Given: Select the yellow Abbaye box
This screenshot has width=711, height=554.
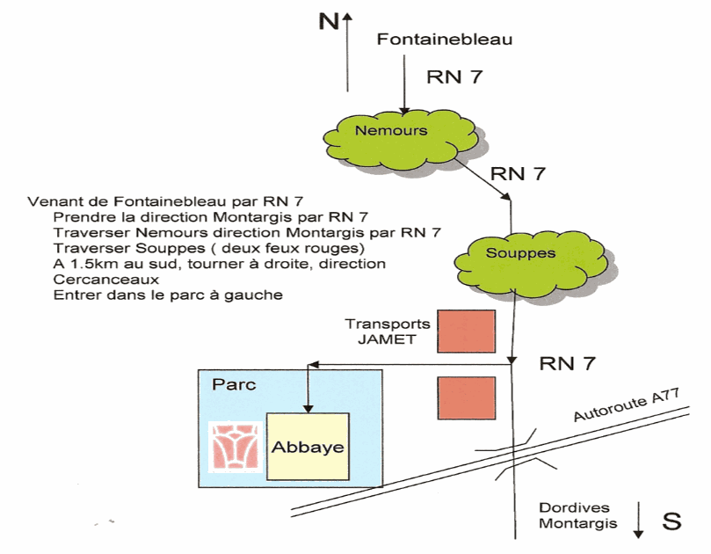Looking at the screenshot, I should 307,446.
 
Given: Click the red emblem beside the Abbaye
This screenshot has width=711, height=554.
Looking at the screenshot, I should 233,445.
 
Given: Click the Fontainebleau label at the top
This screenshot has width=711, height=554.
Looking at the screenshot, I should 443,39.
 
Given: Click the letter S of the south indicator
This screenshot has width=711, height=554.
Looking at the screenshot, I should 671,521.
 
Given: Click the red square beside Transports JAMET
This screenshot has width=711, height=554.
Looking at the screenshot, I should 467,332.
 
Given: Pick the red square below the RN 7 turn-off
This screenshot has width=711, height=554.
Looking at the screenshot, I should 467,397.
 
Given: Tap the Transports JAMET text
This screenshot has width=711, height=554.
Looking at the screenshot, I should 388,331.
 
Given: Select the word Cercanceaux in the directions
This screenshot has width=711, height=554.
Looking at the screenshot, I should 98,280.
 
